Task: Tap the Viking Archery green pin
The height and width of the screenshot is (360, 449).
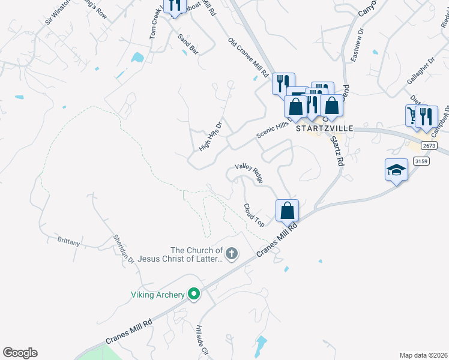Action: [x=193, y=295]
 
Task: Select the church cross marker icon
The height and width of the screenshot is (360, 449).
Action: [x=232, y=254]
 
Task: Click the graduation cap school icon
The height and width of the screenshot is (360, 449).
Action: [x=396, y=170]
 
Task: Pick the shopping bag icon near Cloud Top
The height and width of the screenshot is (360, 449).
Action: [x=288, y=211]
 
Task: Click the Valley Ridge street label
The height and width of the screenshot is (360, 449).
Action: [x=249, y=173]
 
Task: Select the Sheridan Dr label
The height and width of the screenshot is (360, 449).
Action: [x=124, y=248]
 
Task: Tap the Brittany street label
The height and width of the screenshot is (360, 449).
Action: [x=68, y=241]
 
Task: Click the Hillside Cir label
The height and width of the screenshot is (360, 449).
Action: [x=201, y=341]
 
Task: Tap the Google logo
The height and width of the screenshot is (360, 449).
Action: [x=20, y=353]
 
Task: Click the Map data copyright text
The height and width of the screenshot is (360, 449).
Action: [x=423, y=355]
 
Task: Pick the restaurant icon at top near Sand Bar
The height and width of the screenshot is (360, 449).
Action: [x=175, y=6]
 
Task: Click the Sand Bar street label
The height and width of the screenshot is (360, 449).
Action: [x=188, y=45]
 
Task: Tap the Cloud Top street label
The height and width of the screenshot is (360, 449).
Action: [x=254, y=215]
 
